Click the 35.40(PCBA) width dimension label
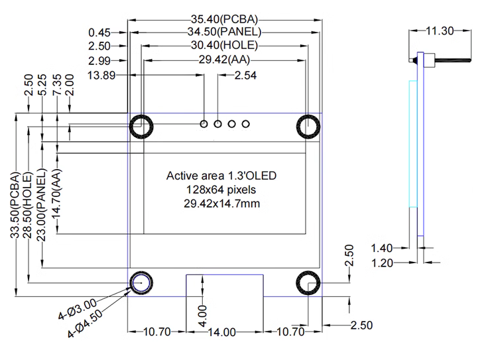pos(224,19)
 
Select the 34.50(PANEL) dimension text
pos(224,32)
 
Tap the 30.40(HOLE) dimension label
pos(224,46)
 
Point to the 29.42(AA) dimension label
pos(224,59)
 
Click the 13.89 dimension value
pos(101,76)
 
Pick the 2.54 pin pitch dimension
pos(245,76)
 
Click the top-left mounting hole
pos(141,127)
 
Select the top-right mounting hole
pos(308,127)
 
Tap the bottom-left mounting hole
pos(141,283)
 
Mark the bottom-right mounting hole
pos(308,283)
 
